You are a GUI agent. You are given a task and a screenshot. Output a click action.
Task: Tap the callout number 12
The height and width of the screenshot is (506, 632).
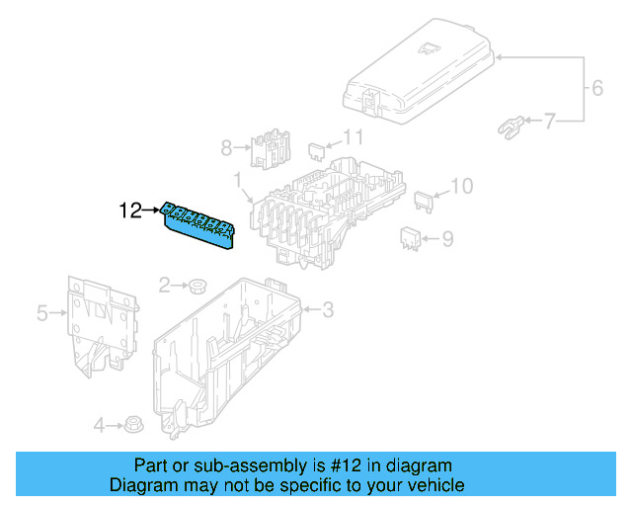[130, 210]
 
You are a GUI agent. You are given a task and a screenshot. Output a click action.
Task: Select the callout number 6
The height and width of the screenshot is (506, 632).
[596, 88]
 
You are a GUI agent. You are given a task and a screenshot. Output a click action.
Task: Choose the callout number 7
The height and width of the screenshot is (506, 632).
[549, 122]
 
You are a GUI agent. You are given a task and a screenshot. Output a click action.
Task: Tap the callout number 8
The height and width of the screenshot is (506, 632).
[226, 148]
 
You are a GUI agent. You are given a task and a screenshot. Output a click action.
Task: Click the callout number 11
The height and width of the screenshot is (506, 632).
[353, 137]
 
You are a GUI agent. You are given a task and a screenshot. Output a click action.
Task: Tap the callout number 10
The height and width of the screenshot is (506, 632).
[461, 185]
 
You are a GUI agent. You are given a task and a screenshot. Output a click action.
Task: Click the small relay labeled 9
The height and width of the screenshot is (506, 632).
[411, 236]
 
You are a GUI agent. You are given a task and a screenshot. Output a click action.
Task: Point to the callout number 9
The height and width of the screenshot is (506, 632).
[446, 237]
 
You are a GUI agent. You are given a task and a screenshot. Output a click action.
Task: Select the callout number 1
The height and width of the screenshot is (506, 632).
[238, 179]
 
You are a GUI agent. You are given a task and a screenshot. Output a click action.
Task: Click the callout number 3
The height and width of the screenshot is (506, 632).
[328, 310]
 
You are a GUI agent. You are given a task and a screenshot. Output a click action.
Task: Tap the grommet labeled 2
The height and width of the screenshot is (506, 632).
[197, 287]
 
